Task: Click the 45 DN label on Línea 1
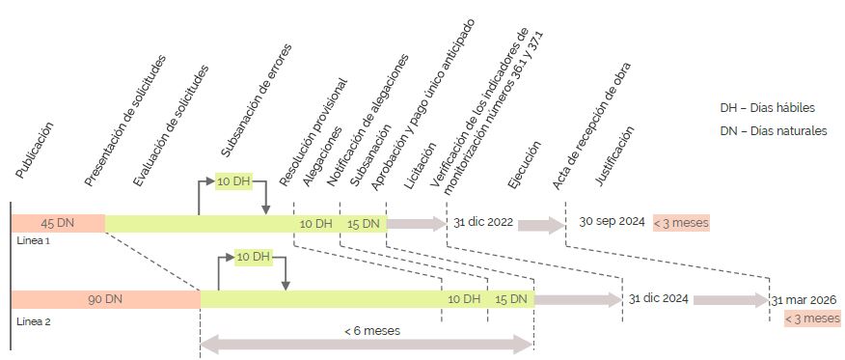tap(58, 223)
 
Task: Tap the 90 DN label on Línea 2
tap(105, 299)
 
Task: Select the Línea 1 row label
tap(34, 241)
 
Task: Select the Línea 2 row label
tap(34, 321)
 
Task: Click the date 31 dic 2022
tap(483, 222)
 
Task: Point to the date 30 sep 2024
tap(613, 221)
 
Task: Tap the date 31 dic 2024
tap(659, 298)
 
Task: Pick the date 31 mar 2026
tap(804, 299)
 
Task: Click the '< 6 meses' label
tap(372, 331)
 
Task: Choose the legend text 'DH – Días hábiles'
tap(768, 108)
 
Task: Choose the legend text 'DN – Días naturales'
tap(774, 131)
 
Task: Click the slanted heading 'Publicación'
tap(35, 151)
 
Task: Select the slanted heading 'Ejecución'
tap(524, 165)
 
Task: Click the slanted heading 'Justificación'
tap(614, 156)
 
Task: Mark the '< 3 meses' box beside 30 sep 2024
tap(681, 222)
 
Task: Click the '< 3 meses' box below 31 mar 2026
tap(813, 318)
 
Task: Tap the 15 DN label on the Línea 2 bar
tap(511, 299)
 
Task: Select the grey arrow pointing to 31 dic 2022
tap(417, 223)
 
